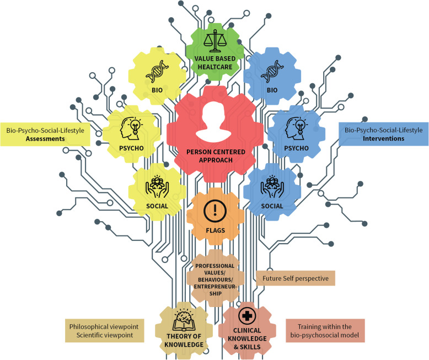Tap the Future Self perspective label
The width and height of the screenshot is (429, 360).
click(x=296, y=279)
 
